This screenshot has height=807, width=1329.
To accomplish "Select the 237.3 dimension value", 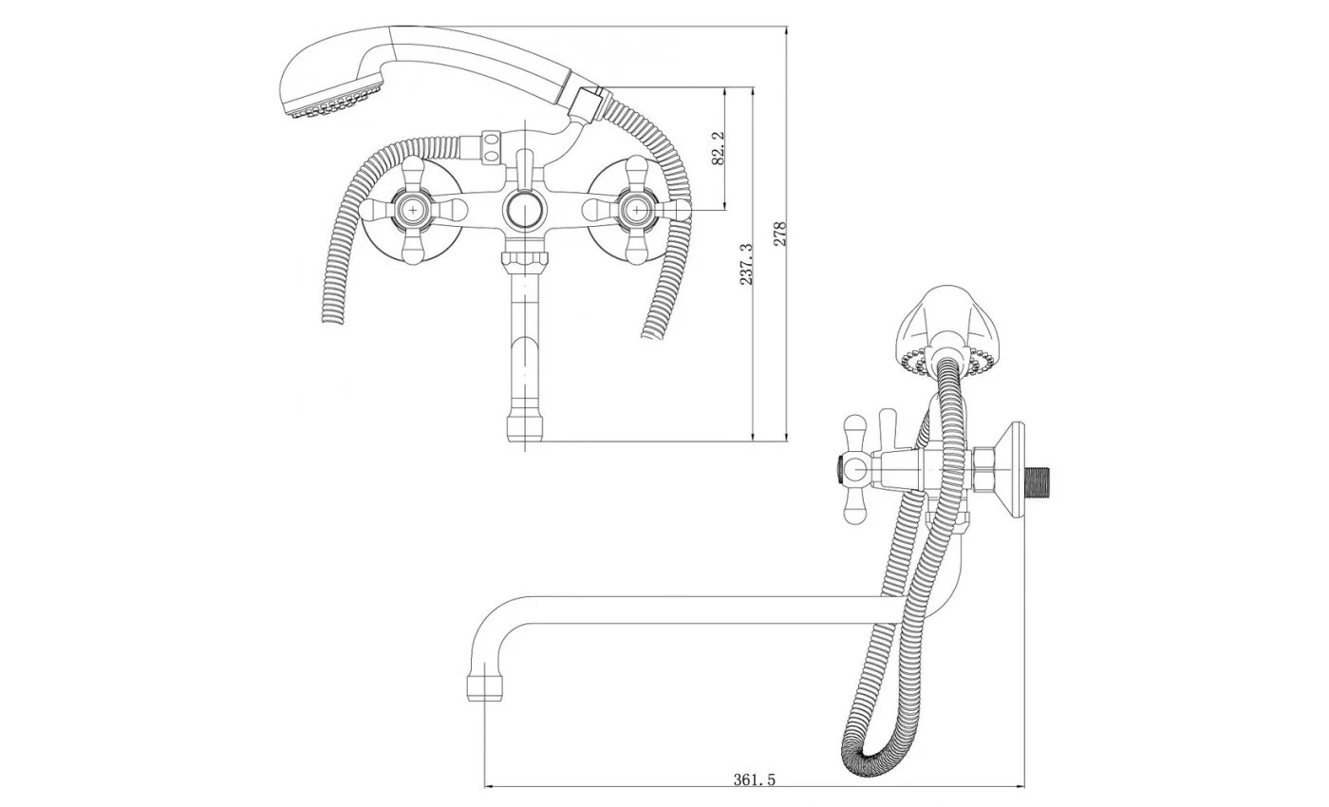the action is [746, 264].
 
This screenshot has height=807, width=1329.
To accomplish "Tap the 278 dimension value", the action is [779, 234].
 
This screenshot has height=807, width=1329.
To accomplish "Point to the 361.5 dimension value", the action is [754, 779].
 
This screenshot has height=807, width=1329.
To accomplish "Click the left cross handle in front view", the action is [414, 210].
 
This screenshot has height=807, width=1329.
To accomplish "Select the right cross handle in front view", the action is [637, 210].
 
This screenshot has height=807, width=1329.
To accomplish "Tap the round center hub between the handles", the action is [525, 210].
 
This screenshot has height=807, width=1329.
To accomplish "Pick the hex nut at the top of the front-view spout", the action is [525, 259].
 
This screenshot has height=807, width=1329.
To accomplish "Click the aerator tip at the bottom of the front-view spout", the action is [525, 427].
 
